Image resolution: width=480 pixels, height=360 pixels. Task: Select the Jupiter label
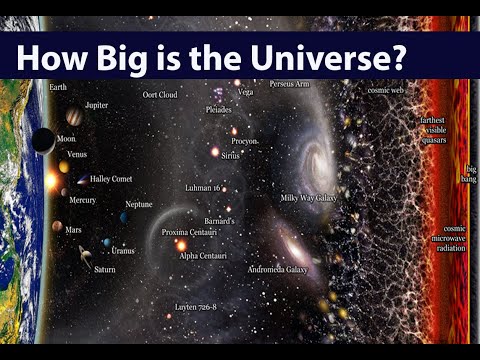(x=97, y=104)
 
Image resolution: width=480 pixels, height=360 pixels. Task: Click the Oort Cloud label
(x=159, y=95)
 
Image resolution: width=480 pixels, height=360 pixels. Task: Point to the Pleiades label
(x=218, y=109)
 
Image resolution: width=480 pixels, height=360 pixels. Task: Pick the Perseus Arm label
(x=289, y=84)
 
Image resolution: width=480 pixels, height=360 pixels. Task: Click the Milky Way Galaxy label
(x=308, y=198)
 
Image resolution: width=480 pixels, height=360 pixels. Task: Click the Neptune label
(x=139, y=204)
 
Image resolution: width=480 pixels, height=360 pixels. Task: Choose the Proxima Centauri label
(x=189, y=232)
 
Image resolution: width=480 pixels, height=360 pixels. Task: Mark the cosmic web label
(x=385, y=91)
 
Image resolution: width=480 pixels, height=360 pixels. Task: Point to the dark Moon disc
(x=42, y=141)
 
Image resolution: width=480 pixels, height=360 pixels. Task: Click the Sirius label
(x=231, y=157)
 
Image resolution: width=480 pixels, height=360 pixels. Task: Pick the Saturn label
(x=105, y=269)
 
